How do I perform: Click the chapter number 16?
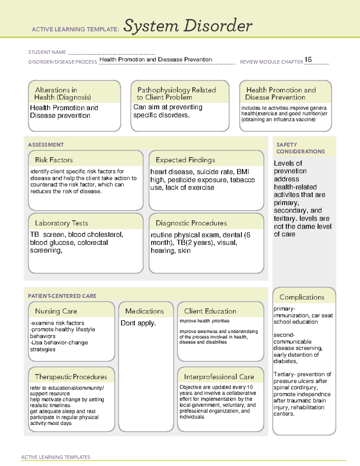point(308,59)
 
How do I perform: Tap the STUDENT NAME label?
point(47,52)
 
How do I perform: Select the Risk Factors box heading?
point(54,160)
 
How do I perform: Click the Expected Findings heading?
point(185,160)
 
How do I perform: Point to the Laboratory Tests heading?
point(61,223)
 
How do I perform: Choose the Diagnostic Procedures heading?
point(191,223)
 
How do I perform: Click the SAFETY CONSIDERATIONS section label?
point(300,148)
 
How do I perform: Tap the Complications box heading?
point(302,297)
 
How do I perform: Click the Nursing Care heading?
point(56,311)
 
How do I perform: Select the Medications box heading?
point(145,311)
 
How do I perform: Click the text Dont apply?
point(138,323)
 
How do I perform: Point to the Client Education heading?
point(210,311)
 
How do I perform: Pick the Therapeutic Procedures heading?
point(71,377)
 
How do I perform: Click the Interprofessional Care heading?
point(219,377)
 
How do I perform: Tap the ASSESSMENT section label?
point(46,145)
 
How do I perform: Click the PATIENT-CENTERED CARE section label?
point(62,296)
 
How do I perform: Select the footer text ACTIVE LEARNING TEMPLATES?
point(56,457)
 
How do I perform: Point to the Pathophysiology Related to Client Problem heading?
point(176,93)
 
